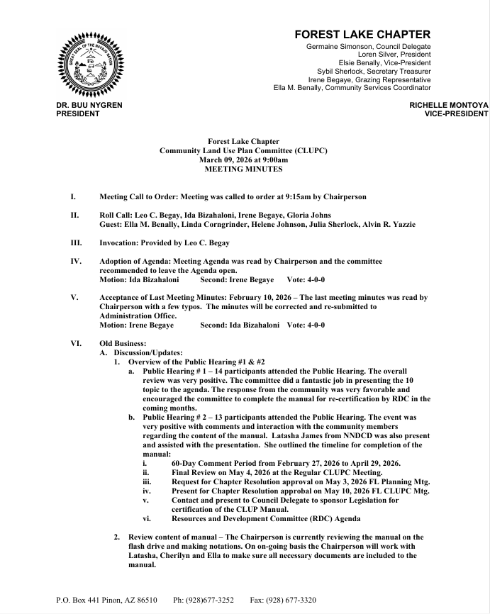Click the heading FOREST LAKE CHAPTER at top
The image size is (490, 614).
point(362,34)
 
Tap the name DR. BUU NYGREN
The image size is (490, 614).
point(89,105)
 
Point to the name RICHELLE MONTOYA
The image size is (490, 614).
point(449,105)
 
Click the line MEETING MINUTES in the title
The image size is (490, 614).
point(243,169)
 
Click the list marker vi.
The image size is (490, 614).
point(146,518)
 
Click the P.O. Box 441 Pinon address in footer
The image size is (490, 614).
point(106,600)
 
